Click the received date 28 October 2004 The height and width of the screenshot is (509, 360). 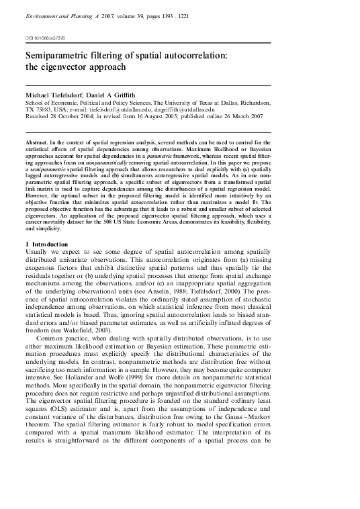click(76, 122)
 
